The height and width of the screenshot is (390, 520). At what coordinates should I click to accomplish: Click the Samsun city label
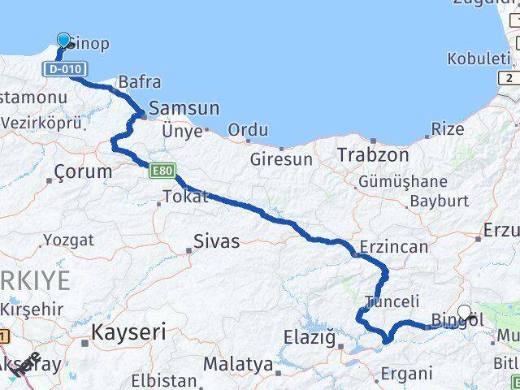coord(184,108)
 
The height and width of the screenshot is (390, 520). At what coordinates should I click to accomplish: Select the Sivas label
coord(217,240)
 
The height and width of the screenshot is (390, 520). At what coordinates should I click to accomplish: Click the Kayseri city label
coord(128,331)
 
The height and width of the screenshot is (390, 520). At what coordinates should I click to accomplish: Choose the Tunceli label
coord(392,301)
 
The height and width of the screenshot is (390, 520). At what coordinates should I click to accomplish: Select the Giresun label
coord(282,160)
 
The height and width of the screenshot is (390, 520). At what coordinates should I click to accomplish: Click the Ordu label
coord(248,130)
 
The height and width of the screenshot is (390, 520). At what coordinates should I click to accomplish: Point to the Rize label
coord(448,128)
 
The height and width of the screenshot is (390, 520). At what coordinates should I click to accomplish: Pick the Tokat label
coord(185,196)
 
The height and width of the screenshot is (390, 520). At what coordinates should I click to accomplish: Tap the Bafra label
coord(139,82)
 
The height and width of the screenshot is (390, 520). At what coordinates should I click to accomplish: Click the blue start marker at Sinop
coord(64,40)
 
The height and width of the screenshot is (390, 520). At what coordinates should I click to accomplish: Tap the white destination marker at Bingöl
coord(465,311)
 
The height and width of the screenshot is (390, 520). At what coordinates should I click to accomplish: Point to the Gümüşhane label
coord(402,181)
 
